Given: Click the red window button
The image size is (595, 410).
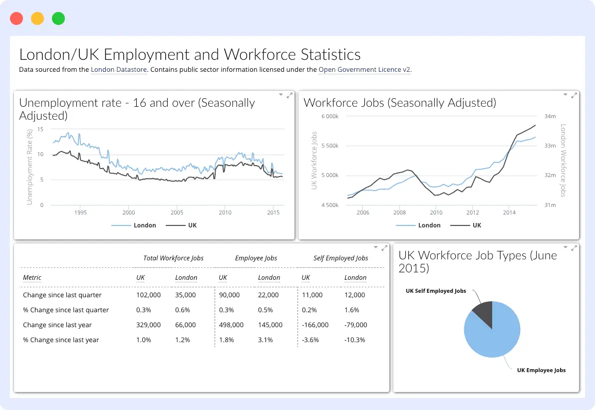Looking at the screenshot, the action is pos(16,18).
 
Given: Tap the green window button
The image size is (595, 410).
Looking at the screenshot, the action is pos(58,18).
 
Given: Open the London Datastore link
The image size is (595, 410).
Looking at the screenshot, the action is pos(119,70).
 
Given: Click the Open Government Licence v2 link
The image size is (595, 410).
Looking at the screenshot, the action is pos(364,70).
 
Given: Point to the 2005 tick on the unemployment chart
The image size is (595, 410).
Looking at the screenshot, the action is pos(177,212).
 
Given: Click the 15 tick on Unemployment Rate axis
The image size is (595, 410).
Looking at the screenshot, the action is pos(40,129).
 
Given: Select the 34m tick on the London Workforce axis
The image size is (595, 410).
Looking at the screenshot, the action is pos(550,116).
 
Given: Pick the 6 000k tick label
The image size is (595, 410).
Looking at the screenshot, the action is pos(330,116).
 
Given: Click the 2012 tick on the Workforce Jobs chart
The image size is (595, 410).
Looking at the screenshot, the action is pos(472,212).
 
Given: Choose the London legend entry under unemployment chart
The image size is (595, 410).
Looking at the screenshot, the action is pos(134,225).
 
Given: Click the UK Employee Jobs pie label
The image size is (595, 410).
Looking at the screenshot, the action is pos(541,370).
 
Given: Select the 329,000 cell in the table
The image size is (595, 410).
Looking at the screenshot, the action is pos(148,325).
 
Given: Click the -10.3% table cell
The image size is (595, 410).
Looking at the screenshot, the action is pos(355,340).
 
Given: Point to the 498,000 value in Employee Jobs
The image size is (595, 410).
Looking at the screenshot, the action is pos(231,325).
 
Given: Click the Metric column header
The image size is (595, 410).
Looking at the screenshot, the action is pos(32,278).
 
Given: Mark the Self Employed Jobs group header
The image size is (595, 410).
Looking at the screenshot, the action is pos(341,258).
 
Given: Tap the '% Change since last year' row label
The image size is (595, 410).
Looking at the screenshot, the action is pos(61,340).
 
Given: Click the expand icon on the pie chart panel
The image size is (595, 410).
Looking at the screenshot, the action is pos(574,248).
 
